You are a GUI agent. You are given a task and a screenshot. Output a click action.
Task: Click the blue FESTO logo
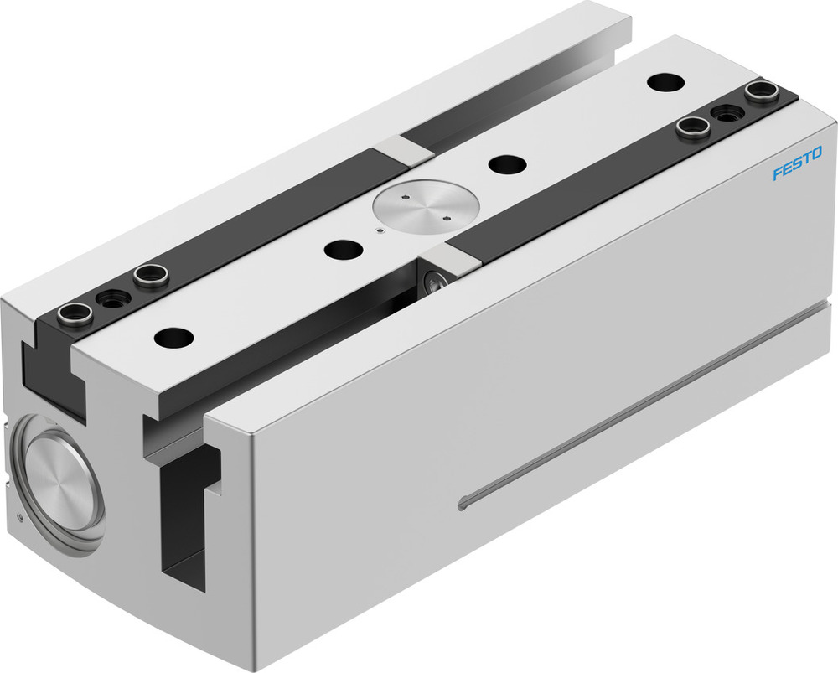tap(797, 163)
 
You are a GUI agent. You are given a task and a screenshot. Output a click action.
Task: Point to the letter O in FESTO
tap(816, 153)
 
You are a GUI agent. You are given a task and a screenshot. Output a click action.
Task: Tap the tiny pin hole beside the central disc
tap(379, 229)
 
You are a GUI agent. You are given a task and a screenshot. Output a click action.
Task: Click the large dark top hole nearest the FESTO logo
tap(665, 82)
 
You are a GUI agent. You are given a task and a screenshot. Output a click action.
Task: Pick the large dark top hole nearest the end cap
tap(173, 338)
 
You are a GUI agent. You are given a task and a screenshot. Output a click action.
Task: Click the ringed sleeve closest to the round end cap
tap(73, 317)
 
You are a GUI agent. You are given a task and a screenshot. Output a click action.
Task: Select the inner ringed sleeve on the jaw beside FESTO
tap(693, 128)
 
